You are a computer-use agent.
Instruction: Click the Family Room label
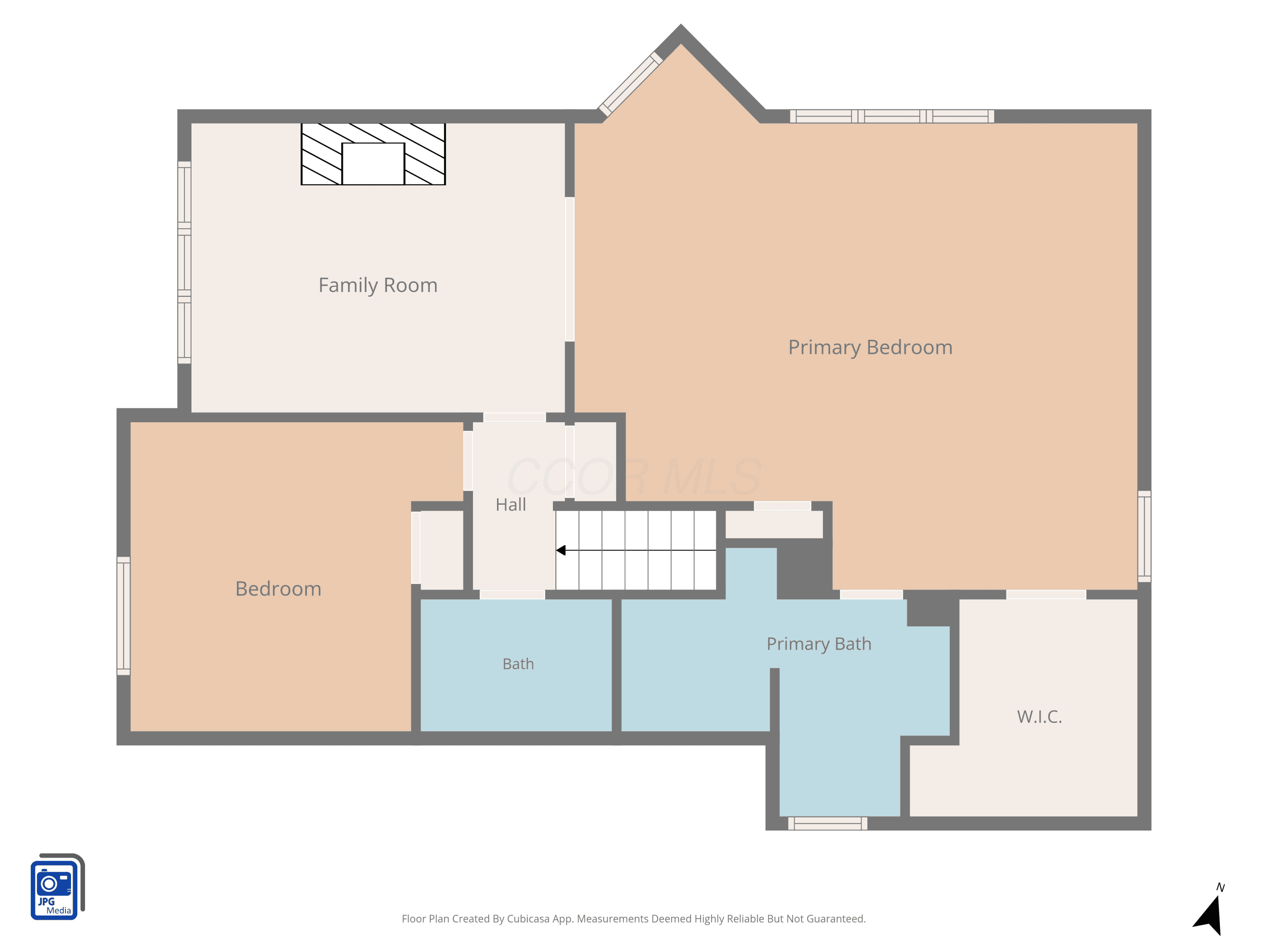coord(378,285)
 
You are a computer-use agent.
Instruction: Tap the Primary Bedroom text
coord(870,347)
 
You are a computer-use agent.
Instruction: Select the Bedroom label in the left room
coord(278,589)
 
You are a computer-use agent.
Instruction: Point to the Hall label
coord(511,504)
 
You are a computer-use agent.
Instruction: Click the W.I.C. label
coord(1039,716)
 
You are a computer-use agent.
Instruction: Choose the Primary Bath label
coord(819,644)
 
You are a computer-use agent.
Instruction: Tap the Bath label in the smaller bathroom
coord(518,664)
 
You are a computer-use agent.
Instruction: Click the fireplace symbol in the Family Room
coord(373,153)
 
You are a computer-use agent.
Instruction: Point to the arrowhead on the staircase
coord(560,550)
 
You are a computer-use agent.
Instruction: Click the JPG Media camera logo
coord(57,886)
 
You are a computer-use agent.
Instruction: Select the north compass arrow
coord(1209,915)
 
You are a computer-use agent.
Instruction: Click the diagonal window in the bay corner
coord(631,84)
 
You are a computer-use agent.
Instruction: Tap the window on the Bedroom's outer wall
coord(123,616)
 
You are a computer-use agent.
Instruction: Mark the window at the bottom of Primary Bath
coord(827,823)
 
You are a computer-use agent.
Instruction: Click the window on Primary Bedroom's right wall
coord(1144,536)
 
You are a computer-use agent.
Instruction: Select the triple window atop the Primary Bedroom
coord(892,116)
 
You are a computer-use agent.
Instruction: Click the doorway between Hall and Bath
coord(512,594)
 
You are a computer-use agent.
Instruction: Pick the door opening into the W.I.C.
coord(1046,594)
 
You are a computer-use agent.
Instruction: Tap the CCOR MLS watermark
coord(634,477)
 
